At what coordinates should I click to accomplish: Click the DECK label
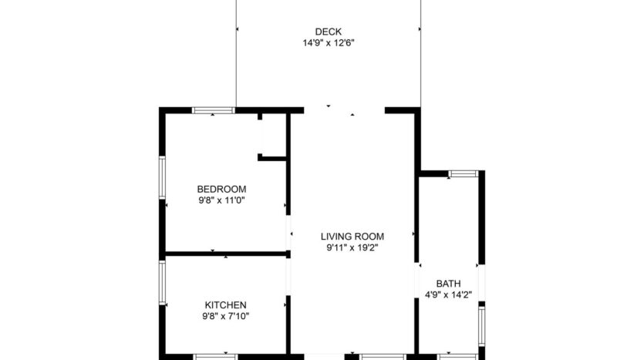[x=328, y=32]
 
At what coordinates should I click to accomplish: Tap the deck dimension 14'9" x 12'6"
[x=328, y=43]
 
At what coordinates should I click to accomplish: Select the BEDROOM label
[x=221, y=190]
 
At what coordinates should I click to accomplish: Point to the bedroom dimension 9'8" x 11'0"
[x=221, y=200]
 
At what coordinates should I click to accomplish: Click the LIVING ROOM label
[x=352, y=237]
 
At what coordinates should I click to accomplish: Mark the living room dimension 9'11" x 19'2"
[x=352, y=247]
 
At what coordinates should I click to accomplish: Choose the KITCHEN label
[x=225, y=305]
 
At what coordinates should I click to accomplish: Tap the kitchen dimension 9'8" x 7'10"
[x=225, y=316]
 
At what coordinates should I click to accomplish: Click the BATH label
[x=448, y=283]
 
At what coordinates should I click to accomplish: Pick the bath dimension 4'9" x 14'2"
[x=448, y=294]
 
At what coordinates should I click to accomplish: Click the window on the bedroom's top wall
[x=214, y=110]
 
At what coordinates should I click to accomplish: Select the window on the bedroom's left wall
[x=162, y=180]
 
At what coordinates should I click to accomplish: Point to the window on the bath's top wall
[x=463, y=173]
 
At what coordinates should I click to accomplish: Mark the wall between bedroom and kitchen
[x=225, y=253]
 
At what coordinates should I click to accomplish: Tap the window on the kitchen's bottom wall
[x=214, y=356]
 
